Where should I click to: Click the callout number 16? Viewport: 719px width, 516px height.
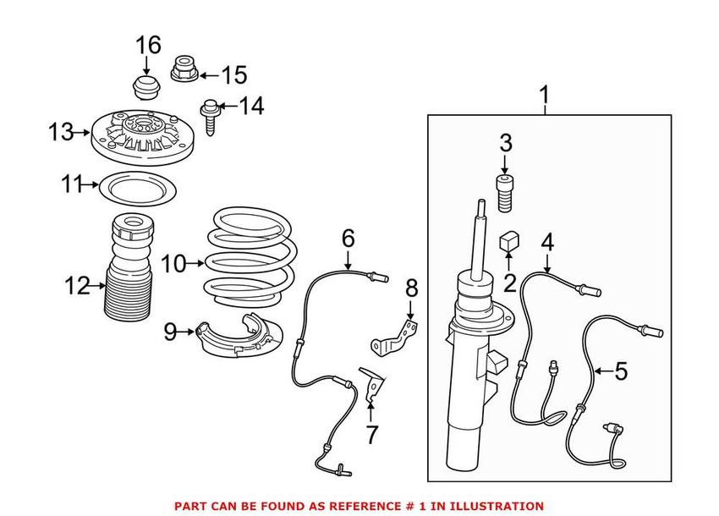tap(148, 44)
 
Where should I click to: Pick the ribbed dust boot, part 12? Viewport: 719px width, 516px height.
tap(129, 279)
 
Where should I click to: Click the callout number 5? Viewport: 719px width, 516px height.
tap(621, 371)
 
